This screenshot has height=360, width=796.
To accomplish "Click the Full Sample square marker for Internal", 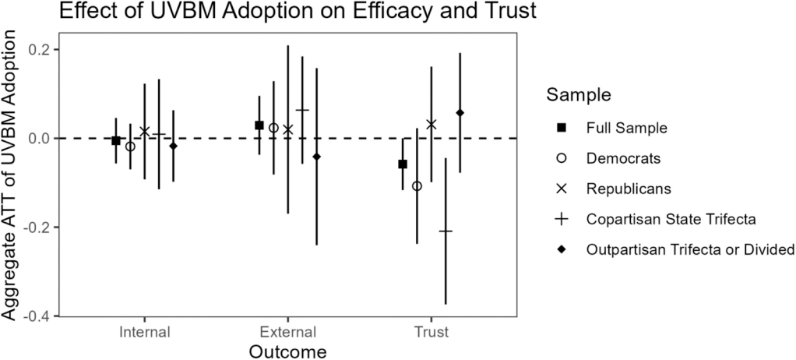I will tap(116, 140).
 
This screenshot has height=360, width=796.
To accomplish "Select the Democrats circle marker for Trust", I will tap(417, 186).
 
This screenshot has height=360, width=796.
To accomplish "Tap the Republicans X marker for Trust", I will tap(431, 125).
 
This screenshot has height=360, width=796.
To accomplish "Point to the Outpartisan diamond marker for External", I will tap(316, 157).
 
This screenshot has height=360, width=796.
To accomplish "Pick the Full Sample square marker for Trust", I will tap(403, 164).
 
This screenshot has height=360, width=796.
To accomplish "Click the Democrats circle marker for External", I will tap(273, 128).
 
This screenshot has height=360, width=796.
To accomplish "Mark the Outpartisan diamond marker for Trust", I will tap(460, 113).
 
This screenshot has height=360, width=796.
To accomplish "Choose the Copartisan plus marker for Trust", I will tap(446, 231).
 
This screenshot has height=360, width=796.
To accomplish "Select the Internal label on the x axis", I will tap(145, 332).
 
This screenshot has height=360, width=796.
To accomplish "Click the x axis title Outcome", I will tap(287, 351).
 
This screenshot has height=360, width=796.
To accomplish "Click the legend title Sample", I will tap(578, 96).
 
